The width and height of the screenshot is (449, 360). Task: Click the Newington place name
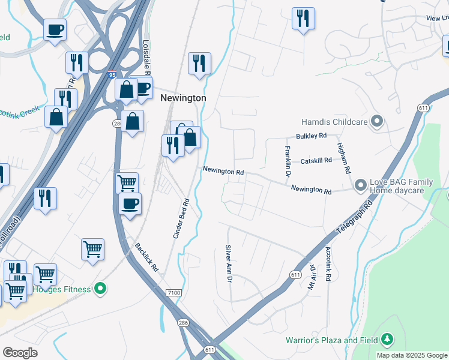(183, 98)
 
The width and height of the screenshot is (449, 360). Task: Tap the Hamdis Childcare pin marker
(377, 121)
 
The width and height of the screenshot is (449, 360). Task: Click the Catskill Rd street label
(316, 161)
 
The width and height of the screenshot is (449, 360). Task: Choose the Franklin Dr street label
(288, 161)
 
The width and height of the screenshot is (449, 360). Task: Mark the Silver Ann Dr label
(228, 265)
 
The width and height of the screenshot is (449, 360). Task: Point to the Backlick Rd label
(146, 257)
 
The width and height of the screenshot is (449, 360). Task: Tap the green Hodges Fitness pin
(101, 289)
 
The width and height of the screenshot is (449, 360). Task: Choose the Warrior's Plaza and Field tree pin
(387, 340)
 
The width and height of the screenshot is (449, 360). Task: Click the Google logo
(20, 353)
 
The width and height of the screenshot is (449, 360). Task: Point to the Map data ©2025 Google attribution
(411, 355)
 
